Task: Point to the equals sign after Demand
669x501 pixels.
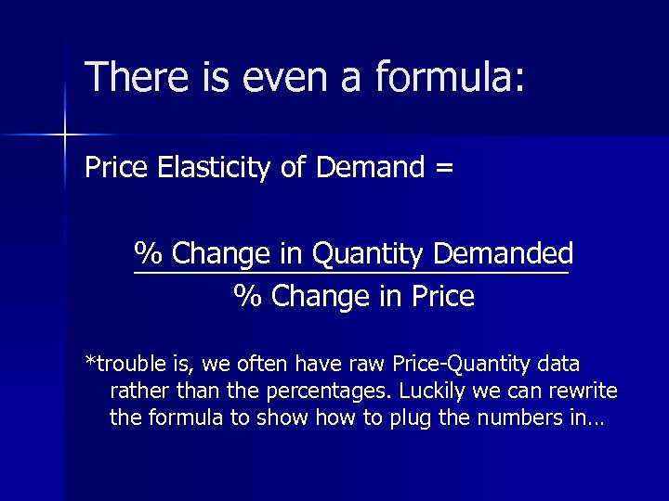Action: coord(443,168)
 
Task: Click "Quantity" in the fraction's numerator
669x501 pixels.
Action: coord(364,252)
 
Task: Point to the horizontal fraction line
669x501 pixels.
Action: coord(351,274)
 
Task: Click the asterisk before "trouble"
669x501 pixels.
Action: coord(89,360)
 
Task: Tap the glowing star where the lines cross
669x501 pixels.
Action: coord(64,135)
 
